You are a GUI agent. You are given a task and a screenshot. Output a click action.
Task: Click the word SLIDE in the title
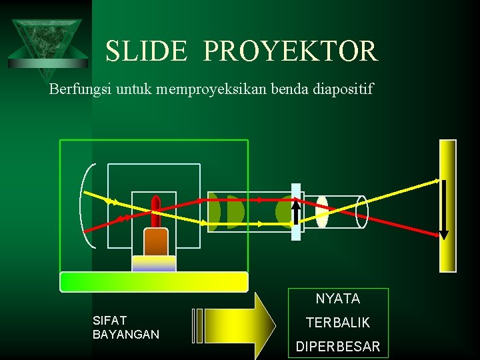pos(146,51)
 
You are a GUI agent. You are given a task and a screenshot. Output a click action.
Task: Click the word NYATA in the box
pos(338,299)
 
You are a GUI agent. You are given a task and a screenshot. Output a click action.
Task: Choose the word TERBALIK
pos(338,323)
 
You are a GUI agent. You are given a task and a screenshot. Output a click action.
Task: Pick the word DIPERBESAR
pos(338,347)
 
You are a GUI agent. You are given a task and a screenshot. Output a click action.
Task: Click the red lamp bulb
pos(156,211)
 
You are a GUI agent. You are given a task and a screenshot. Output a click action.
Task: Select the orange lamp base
pos(155,242)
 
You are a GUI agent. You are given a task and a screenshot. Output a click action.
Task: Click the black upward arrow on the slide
pos(296,208)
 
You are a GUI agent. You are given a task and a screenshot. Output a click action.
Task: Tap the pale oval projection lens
pos(322,212)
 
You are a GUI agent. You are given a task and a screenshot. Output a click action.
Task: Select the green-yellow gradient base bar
pos(153,281)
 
